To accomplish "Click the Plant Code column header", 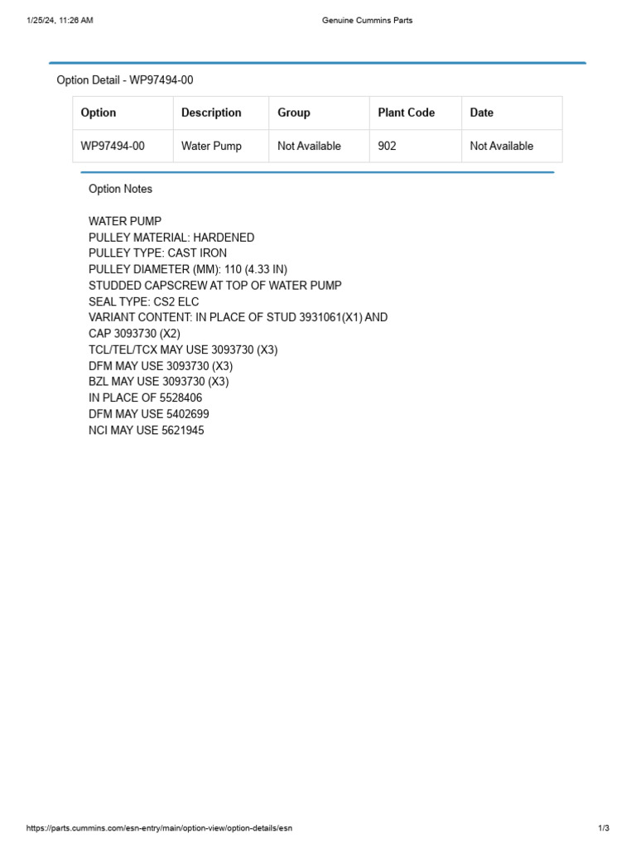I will tap(406, 113).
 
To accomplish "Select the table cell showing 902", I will tap(387, 146).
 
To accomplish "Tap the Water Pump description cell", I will tap(211, 146).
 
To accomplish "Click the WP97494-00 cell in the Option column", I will tap(113, 146).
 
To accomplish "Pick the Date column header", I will tap(481, 113).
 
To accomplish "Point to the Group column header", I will tap(294, 113).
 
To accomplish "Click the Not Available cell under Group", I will tap(309, 146).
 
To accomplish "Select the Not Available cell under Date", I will tap(501, 146).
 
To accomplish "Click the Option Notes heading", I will tap(120, 189).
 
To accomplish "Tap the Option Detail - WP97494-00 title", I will tap(124, 80).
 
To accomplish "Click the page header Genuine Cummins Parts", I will tap(367, 21).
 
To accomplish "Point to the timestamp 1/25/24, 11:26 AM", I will tap(60, 21).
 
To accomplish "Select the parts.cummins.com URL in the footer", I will tap(159, 828).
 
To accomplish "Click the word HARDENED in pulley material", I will tap(224, 238).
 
